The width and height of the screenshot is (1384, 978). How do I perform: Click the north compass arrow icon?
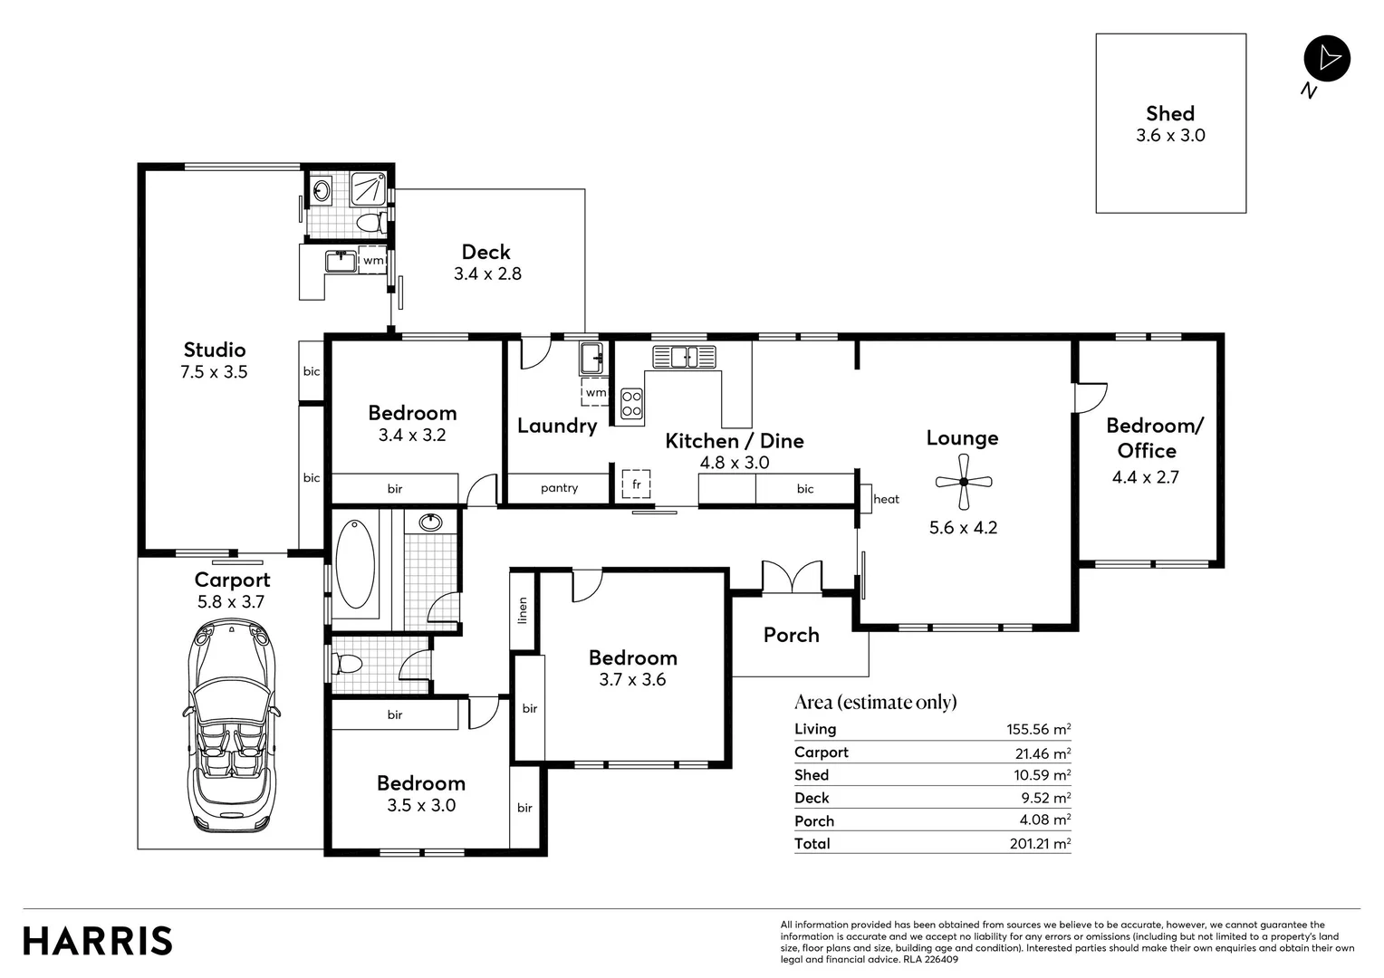coord(1327,59)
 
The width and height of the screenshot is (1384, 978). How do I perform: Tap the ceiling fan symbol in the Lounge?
coord(964,483)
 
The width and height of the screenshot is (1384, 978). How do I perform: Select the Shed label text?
coord(1170,113)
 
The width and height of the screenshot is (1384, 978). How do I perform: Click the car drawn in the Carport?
coord(231,724)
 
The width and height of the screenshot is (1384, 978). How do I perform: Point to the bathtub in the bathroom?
coord(354,561)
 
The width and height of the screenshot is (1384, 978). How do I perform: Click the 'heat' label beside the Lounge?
coord(886,499)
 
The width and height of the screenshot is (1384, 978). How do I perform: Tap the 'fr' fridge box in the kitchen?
coord(636,484)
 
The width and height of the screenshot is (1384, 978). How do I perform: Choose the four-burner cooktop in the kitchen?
coord(631,403)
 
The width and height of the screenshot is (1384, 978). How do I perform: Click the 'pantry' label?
coord(559,488)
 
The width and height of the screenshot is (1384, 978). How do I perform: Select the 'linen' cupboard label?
coord(523,610)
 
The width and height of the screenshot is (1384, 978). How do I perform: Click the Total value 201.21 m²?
coord(1040,844)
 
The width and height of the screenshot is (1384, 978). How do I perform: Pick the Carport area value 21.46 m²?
coord(1043,753)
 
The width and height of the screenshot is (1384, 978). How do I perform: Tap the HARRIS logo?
coord(98,941)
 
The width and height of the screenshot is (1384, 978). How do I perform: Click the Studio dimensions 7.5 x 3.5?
coord(214,372)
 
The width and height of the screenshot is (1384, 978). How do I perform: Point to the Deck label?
coord(486,252)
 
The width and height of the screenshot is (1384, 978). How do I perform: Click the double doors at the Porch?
coord(792,578)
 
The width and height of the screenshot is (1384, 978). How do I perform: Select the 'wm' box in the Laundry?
coord(595,392)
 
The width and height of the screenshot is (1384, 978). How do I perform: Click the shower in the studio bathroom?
coord(367,188)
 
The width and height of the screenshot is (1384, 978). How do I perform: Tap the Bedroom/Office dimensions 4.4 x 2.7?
coord(1146,477)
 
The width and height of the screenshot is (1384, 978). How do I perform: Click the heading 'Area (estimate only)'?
coord(875,702)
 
